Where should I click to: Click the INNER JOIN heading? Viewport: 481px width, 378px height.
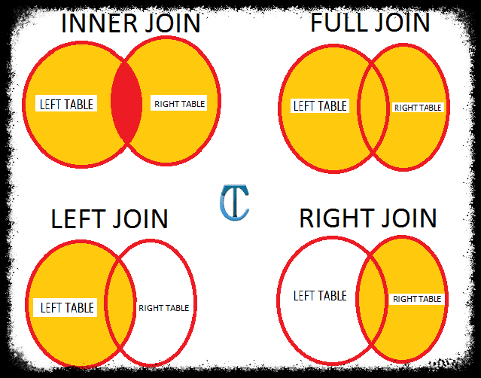pyautogui.click(x=130, y=23)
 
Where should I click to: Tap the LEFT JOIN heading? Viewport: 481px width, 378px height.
pyautogui.click(x=110, y=219)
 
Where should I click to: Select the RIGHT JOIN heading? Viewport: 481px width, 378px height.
pyautogui.click(x=368, y=218)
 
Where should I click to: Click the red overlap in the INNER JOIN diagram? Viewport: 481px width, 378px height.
pyautogui.click(x=126, y=105)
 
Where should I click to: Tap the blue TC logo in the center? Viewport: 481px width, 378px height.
pyautogui.click(x=234, y=203)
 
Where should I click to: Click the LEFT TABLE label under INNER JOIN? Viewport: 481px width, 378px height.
pyautogui.click(x=67, y=104)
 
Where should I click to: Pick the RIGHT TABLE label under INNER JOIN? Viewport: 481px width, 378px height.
pyautogui.click(x=179, y=104)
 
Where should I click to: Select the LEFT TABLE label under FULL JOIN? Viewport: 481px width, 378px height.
pyautogui.click(x=320, y=106)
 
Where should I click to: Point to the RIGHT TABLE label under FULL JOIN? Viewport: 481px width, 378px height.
pyautogui.click(x=418, y=108)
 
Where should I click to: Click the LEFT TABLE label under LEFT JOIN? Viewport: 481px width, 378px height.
pyautogui.click(x=67, y=307)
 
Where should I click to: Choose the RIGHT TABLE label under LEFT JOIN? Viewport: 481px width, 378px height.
pyautogui.click(x=164, y=307)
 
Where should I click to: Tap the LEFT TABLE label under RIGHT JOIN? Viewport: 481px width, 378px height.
pyautogui.click(x=320, y=295)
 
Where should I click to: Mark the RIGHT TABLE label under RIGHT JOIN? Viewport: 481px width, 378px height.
pyautogui.click(x=417, y=299)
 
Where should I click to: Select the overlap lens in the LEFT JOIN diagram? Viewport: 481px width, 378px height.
pyautogui.click(x=120, y=301)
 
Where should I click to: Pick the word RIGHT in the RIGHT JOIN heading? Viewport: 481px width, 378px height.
pyautogui.click(x=336, y=218)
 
